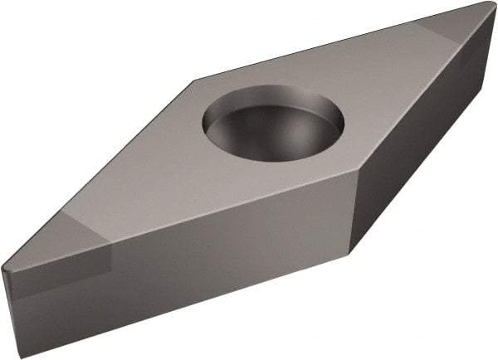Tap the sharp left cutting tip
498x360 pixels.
(4, 268)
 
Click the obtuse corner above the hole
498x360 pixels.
(196, 80)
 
